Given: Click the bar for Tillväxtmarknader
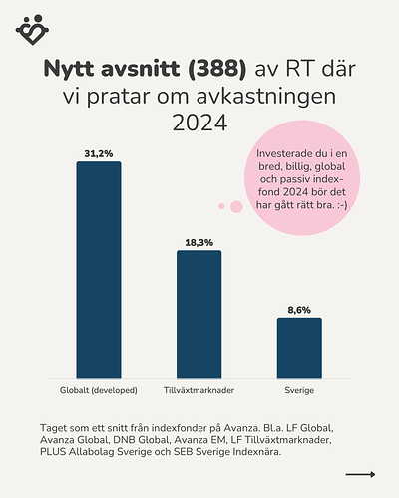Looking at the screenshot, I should [x=199, y=314].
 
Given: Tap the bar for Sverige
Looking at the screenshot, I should [x=299, y=347].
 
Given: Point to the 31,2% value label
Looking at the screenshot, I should [x=99, y=153].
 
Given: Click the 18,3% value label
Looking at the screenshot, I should [x=199, y=242].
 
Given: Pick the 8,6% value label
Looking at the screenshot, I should [x=299, y=310].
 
